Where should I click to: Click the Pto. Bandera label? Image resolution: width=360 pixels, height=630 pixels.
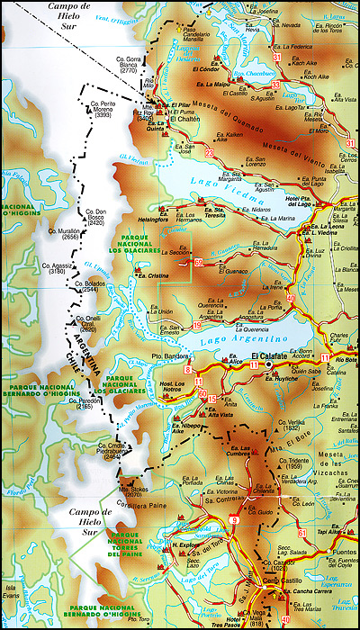pos(168,356)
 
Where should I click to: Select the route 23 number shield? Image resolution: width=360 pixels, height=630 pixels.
pos(209,154)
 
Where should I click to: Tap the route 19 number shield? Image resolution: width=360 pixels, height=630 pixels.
pos(196,325)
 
